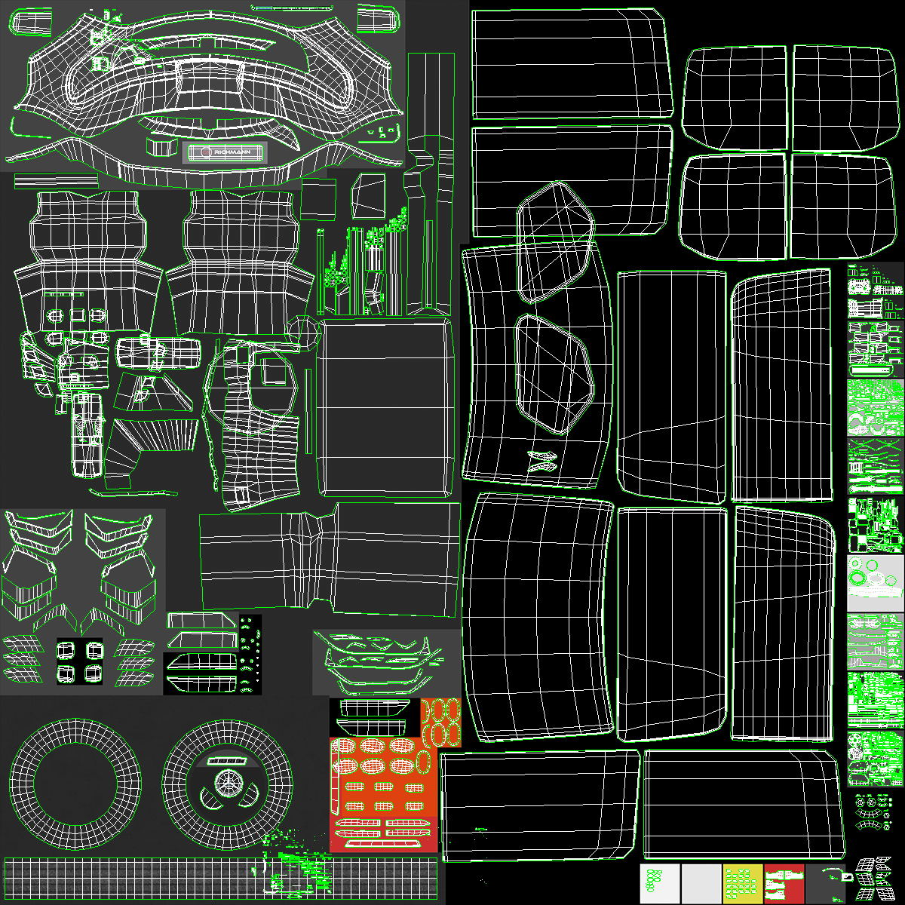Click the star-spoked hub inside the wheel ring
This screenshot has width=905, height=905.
[225, 784]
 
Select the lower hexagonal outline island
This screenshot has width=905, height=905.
[553, 375]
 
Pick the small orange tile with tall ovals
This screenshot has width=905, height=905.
[440, 722]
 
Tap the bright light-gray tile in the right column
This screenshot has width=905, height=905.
[875, 584]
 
